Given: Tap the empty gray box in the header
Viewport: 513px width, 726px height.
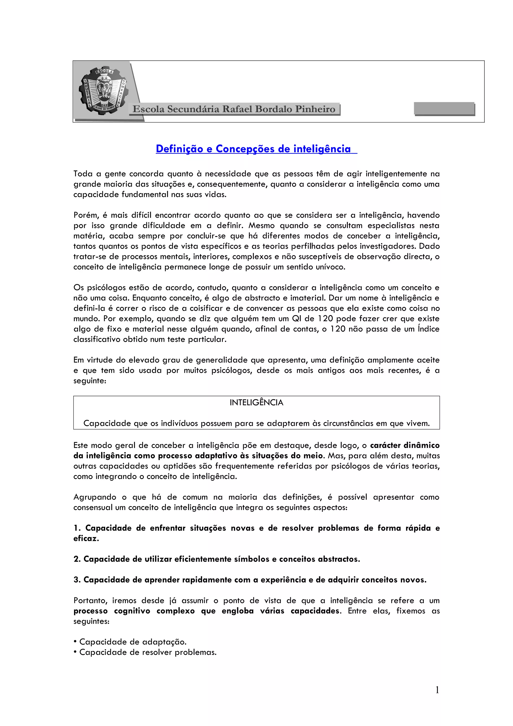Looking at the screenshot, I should [x=444, y=108].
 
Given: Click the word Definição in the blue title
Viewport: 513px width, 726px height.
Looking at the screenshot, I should [x=179, y=149].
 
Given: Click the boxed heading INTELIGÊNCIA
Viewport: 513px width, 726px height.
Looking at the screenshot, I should [x=256, y=403].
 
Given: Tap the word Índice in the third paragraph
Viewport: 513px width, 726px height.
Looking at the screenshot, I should [x=428, y=329].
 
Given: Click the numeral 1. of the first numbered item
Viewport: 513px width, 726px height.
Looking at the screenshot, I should [x=77, y=528].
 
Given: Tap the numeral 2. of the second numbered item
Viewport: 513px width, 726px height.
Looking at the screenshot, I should [x=77, y=559].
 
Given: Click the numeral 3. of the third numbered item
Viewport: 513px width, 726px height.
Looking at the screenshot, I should [x=77, y=580].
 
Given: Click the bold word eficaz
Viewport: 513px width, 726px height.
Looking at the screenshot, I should [x=86, y=539].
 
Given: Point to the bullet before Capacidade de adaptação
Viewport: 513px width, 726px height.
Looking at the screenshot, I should [x=75, y=642].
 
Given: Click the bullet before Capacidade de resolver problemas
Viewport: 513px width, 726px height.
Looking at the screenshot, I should [x=75, y=652].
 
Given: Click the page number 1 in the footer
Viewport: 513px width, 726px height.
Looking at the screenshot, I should [x=437, y=690].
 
